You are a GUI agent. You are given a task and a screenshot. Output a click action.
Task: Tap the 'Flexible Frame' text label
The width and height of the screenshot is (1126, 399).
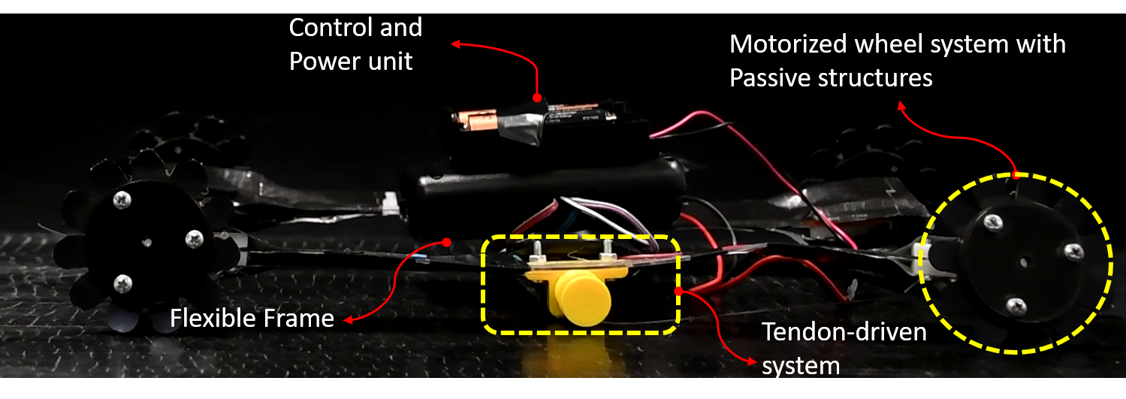(252, 319)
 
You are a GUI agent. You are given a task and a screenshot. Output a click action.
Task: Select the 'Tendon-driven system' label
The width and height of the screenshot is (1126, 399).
(844, 348)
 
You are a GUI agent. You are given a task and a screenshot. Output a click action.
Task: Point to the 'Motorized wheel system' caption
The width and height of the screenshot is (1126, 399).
(898, 44)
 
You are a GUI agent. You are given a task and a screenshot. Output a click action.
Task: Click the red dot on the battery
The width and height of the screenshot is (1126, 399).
(537, 98)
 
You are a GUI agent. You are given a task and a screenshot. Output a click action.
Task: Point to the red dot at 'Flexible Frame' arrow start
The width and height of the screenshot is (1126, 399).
(447, 242)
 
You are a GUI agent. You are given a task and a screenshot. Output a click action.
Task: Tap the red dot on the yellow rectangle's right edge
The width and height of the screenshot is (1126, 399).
(678, 290)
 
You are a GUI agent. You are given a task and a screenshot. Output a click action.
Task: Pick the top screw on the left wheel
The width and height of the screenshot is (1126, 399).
(121, 200)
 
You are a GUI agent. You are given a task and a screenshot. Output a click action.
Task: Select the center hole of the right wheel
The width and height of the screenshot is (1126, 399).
(1024, 264)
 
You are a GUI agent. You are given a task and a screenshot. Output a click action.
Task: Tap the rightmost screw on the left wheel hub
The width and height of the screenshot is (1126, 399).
(194, 240)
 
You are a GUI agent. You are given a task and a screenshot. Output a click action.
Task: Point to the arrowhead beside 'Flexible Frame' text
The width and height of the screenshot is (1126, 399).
(348, 321)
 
